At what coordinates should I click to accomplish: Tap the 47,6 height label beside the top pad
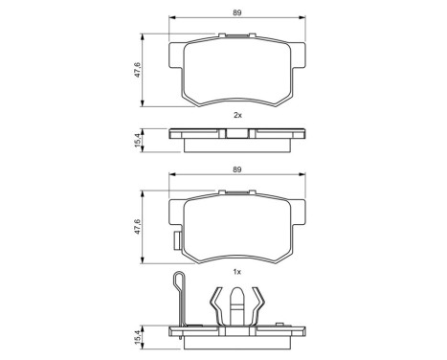point(137,72)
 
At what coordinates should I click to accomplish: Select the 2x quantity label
point(236,114)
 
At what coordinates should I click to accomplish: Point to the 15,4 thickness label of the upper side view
point(137,140)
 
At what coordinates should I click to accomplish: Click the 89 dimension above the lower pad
point(235,169)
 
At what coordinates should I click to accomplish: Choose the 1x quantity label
point(236,272)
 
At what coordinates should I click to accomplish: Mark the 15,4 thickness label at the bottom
point(137,338)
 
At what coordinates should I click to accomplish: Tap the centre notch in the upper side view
point(236,135)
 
